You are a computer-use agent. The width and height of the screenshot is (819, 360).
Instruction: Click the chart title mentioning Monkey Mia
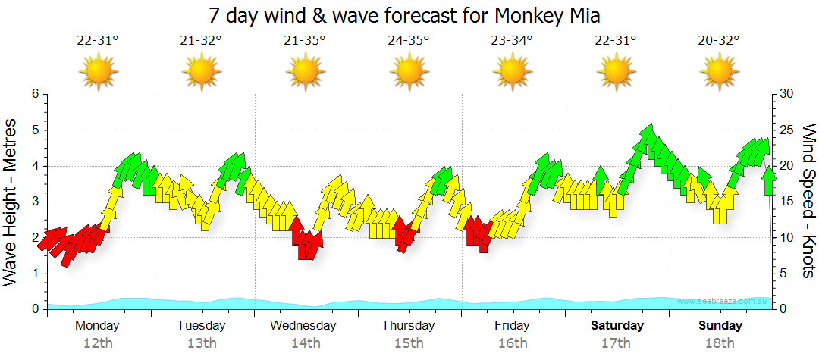(409, 15)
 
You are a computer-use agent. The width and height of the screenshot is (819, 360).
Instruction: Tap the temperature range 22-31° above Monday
(98, 40)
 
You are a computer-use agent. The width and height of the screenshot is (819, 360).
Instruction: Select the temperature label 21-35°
(305, 40)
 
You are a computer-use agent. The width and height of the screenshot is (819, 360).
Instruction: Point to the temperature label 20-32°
(719, 40)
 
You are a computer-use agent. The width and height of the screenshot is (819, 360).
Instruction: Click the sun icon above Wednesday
(305, 73)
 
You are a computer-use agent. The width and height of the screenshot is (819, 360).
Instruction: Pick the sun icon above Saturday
(616, 73)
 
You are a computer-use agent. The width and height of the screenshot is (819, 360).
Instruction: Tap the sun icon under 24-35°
(409, 73)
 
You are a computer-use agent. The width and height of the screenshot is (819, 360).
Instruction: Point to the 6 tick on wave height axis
(35, 94)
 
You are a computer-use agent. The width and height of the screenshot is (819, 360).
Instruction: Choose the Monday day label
(97, 326)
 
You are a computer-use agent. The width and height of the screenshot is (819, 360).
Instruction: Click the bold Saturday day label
(617, 326)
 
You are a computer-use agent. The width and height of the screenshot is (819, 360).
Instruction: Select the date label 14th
(305, 343)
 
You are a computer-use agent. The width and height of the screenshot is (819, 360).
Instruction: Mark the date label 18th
(720, 343)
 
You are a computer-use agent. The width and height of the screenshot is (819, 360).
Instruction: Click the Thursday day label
(408, 326)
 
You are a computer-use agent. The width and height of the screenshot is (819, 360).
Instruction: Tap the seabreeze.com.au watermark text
(723, 302)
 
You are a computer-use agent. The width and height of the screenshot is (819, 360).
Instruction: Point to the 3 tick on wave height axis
(35, 202)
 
